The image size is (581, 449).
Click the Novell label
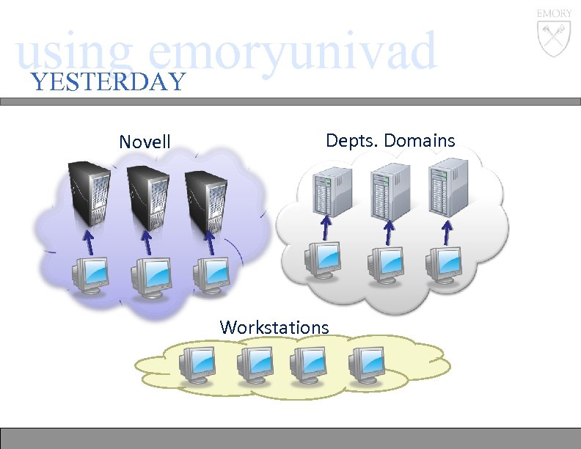pos(145,141)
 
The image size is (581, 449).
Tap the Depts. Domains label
pos(390,140)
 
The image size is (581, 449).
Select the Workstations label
pos(274,326)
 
